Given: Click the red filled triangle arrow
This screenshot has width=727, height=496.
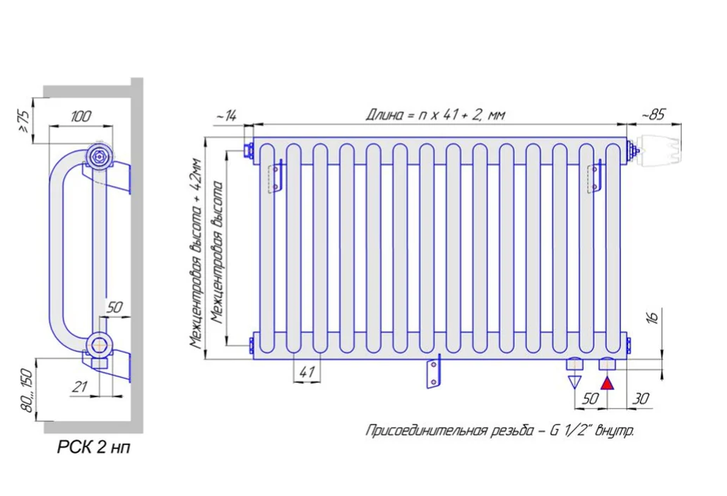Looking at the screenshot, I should point(606,384).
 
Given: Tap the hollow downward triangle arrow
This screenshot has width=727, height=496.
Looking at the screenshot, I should point(575,382).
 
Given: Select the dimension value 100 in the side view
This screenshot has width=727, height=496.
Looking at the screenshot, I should point(81,117).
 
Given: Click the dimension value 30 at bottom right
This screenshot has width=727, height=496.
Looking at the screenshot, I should point(641,398).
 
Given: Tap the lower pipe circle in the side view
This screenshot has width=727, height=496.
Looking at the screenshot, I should point(97,344).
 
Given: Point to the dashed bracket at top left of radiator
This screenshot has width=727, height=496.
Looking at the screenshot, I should point(274,176).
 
